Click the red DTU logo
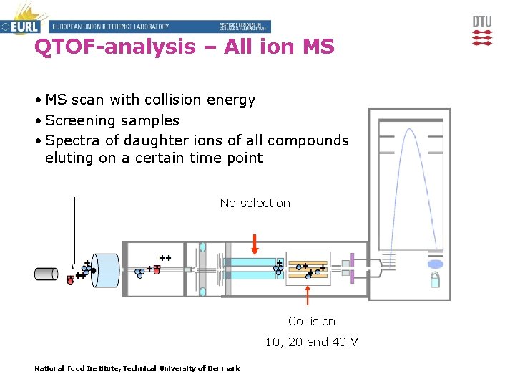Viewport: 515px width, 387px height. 482,30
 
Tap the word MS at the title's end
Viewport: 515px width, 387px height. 318,47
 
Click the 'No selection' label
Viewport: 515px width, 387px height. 255,203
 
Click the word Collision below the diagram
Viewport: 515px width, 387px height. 311,321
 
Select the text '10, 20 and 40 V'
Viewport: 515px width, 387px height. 311,342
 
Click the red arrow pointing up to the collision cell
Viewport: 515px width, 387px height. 308,295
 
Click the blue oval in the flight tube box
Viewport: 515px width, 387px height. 434,264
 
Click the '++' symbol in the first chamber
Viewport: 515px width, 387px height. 165,257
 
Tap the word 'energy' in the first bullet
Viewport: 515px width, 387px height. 230,100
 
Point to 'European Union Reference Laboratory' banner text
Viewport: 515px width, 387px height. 111,27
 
